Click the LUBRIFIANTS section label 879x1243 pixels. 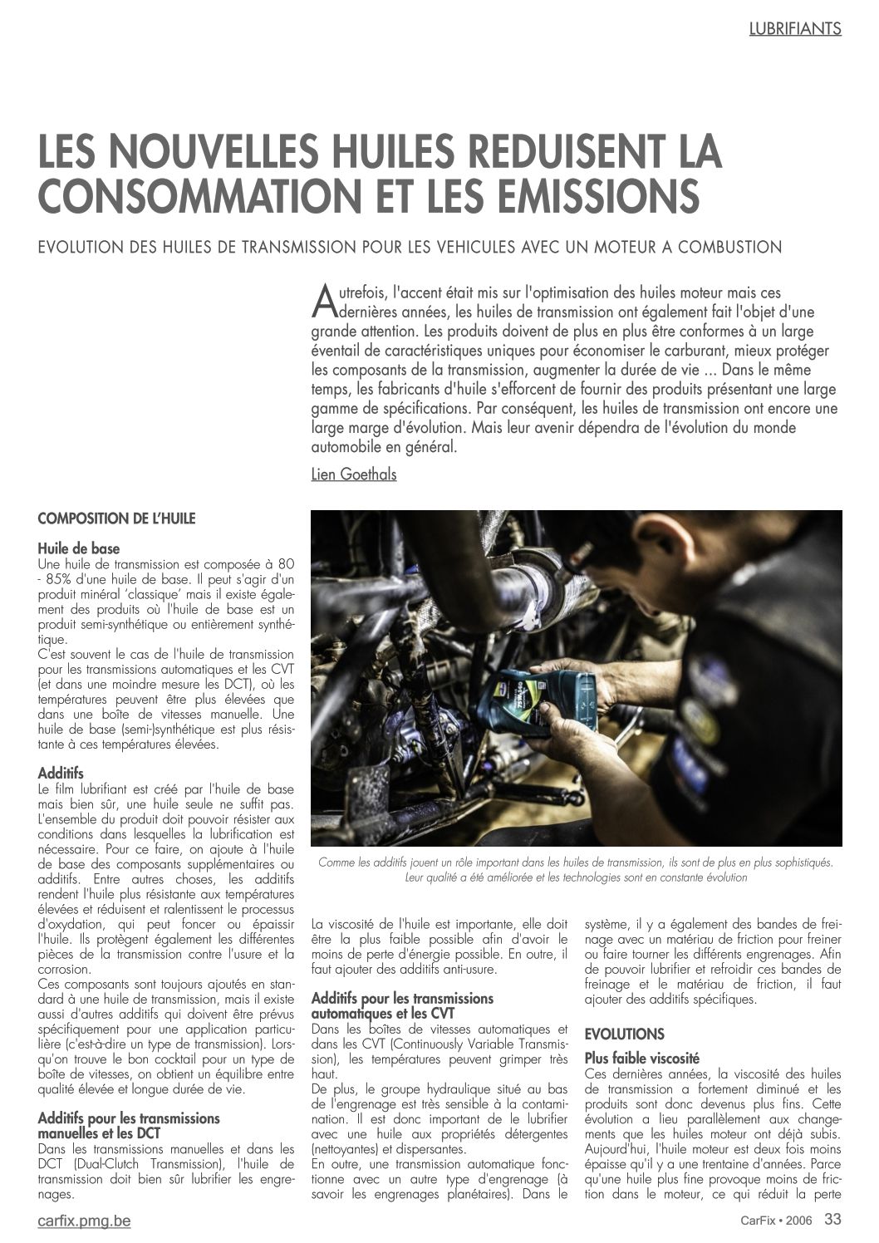tap(794, 28)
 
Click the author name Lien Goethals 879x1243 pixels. tap(353, 474)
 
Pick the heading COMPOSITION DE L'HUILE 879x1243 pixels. tap(116, 518)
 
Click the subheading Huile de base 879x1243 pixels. tap(79, 548)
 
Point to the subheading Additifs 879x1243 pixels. tap(61, 774)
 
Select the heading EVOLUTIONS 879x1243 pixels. tap(624, 1034)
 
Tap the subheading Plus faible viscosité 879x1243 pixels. tap(641, 1059)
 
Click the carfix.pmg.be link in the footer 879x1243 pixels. tap(84, 1221)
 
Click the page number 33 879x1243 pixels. tap(832, 1220)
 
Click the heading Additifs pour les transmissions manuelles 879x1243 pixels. tap(129, 1126)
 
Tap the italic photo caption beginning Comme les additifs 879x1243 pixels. tap(575, 870)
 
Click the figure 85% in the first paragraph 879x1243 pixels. tap(65, 578)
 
